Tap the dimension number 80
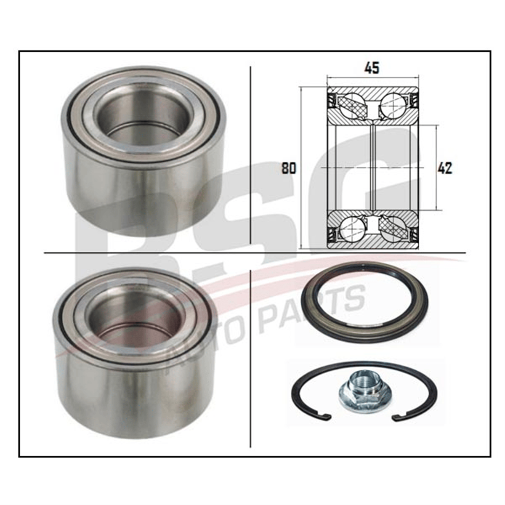[289, 168]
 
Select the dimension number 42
[445, 168]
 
